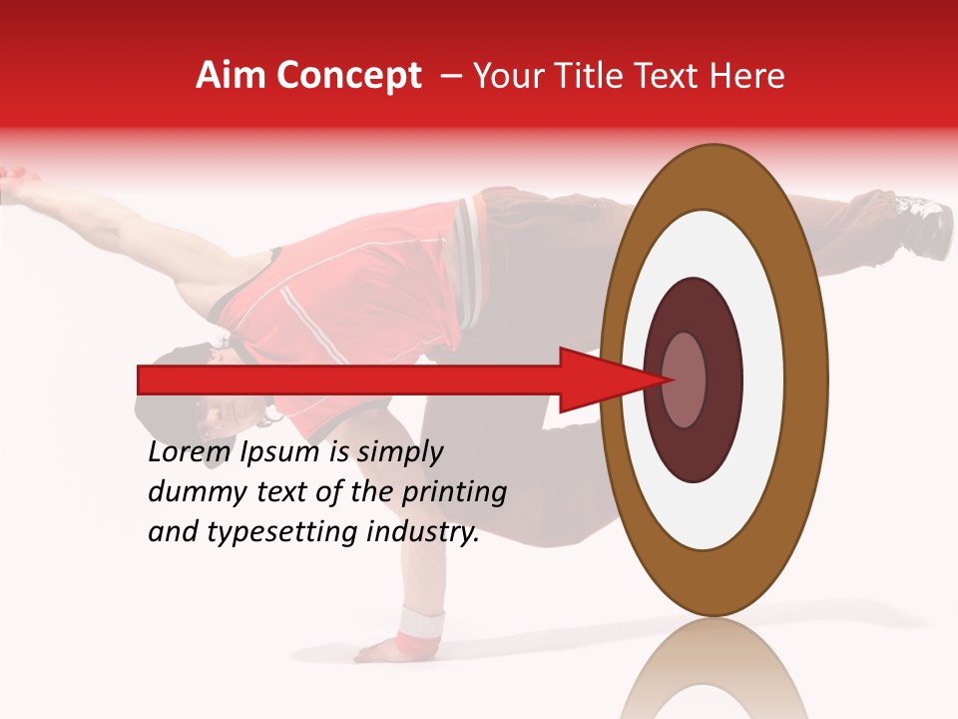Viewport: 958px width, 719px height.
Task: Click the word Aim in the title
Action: [233, 76]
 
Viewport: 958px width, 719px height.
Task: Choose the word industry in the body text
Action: [423, 532]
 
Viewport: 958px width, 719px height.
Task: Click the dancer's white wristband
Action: [419, 623]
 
